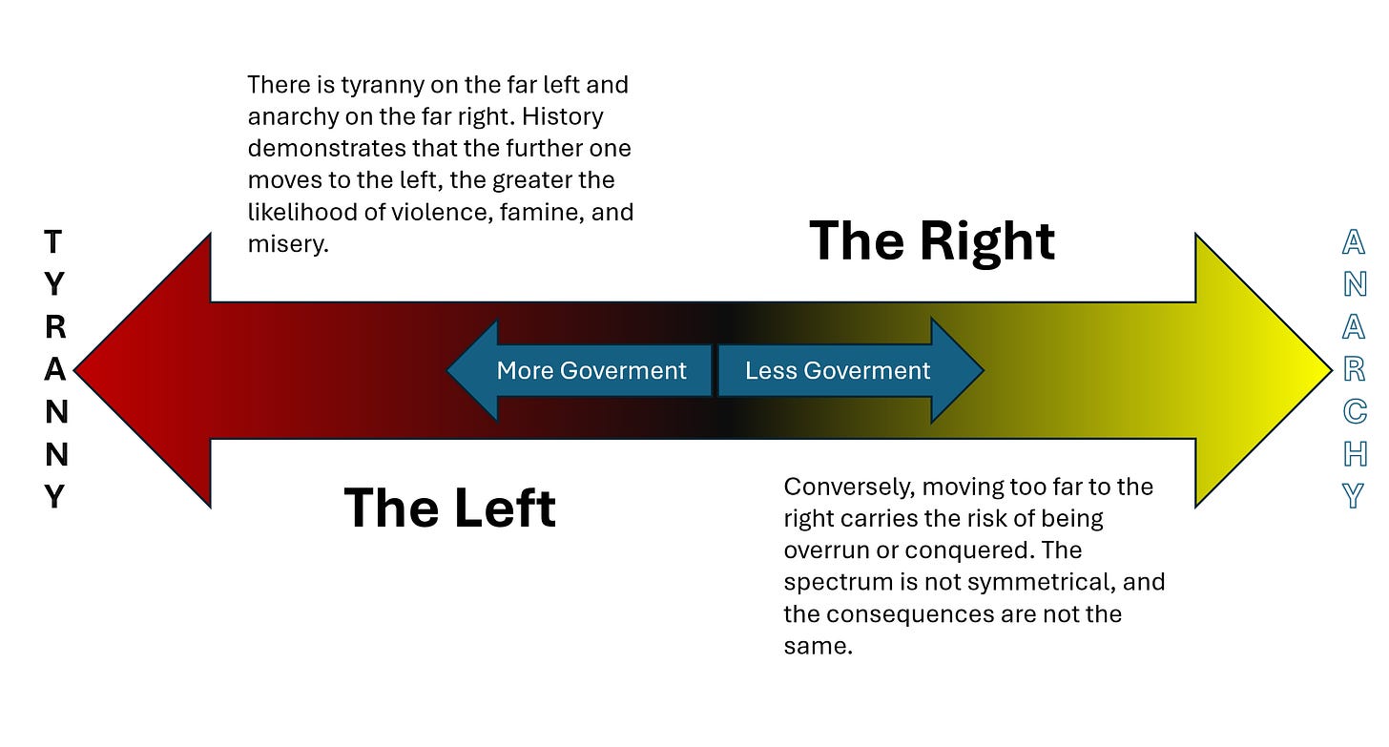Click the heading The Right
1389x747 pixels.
click(932, 240)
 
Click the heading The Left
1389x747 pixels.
click(449, 507)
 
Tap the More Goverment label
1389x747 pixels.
click(591, 370)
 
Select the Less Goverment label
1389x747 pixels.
click(837, 370)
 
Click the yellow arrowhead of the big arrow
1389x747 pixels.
click(1259, 370)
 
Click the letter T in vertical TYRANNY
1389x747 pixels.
click(54, 242)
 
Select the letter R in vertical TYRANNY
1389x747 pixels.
click(55, 327)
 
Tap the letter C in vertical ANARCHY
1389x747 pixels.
click(1354, 412)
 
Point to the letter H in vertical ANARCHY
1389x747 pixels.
click(1354, 454)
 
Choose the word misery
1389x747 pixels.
click(287, 243)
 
